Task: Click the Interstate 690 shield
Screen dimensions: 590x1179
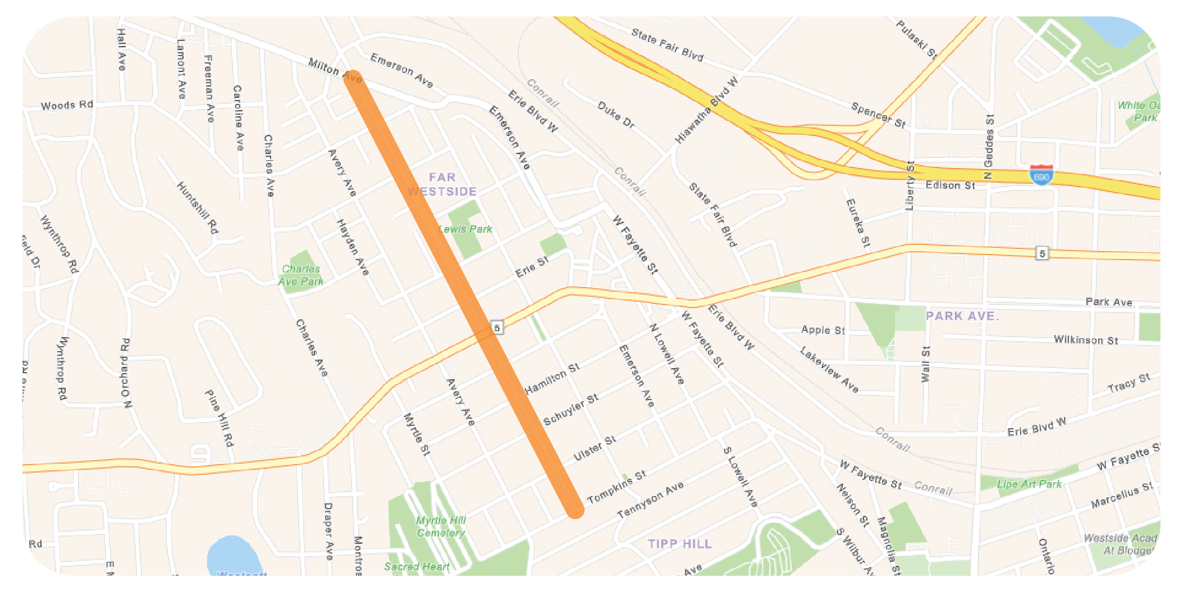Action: [1041, 175]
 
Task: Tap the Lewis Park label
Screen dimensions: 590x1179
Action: [465, 229]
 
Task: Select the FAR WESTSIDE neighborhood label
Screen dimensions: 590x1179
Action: [442, 184]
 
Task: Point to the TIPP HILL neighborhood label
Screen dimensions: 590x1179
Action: [680, 544]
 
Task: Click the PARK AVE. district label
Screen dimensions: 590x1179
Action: [962, 316]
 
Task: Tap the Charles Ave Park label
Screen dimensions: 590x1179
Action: [301, 275]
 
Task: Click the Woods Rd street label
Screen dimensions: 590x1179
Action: [67, 105]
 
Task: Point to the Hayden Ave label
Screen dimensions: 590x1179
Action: [353, 247]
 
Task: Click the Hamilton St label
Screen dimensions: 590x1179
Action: [552, 378]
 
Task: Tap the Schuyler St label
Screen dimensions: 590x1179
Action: [571, 410]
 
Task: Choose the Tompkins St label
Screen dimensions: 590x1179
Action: [616, 487]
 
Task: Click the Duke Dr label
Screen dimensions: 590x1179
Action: [616, 115]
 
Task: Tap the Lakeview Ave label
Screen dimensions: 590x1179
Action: [829, 369]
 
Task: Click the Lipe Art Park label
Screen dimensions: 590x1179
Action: [1029, 484]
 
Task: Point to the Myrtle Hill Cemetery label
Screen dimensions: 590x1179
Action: [441, 527]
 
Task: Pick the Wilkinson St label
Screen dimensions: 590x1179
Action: [1086, 340]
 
